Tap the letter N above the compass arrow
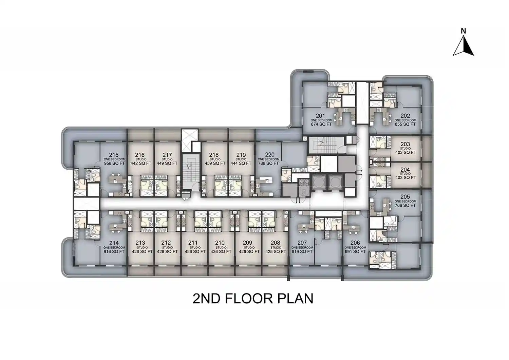[x=463, y=31]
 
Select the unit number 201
[x=320, y=116]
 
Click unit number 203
[x=405, y=144]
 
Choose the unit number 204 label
[x=405, y=170]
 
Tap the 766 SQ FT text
[x=405, y=206]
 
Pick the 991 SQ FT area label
[x=355, y=252]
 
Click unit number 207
[x=302, y=243]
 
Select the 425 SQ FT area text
[x=276, y=252]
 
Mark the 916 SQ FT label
[x=114, y=252]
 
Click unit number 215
[x=114, y=155]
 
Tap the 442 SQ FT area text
[x=141, y=164]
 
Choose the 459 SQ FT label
[x=215, y=164]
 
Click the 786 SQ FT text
[x=268, y=164]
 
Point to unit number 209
[x=248, y=243]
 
